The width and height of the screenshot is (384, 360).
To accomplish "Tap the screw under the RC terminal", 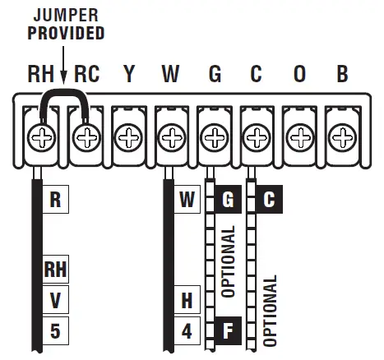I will click(x=84, y=134).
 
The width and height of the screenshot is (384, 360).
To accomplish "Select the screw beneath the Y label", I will click(x=127, y=134).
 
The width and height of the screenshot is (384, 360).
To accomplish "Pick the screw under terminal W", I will click(x=170, y=134).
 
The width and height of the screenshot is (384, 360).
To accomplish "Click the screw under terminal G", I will click(x=214, y=134).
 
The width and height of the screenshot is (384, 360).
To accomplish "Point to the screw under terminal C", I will click(x=257, y=134).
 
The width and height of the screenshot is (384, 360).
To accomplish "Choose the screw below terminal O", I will click(x=299, y=134).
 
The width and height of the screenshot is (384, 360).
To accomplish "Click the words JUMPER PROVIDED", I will click(x=67, y=25).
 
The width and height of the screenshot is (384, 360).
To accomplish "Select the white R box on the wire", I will click(x=55, y=200).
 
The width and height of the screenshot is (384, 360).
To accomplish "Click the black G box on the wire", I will click(x=227, y=200).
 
